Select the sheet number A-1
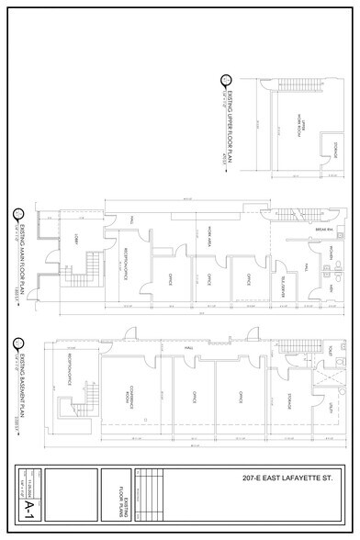31,505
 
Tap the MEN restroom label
328,288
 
